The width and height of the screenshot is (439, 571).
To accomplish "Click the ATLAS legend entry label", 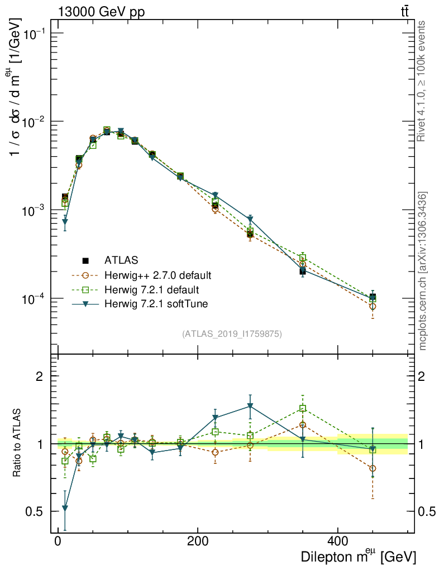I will click(121, 260).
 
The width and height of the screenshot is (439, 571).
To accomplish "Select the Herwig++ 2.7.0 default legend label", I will click(158, 275).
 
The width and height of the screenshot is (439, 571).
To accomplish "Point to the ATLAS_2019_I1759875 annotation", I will click(232, 334).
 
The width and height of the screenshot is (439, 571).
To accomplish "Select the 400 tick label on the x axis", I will click(337, 540).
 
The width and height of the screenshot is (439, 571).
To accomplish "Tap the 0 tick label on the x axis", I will click(58, 540).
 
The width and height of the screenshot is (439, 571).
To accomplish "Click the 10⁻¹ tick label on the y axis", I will click(33, 34).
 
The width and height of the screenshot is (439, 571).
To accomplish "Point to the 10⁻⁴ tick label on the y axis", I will click(33, 299).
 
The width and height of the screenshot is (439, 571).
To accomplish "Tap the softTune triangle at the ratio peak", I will click(250, 406).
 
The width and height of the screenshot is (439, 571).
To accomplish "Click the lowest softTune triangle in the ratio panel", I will click(65, 508).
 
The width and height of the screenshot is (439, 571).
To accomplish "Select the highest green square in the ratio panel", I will click(303, 409).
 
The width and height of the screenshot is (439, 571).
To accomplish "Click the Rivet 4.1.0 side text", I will click(422, 81).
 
